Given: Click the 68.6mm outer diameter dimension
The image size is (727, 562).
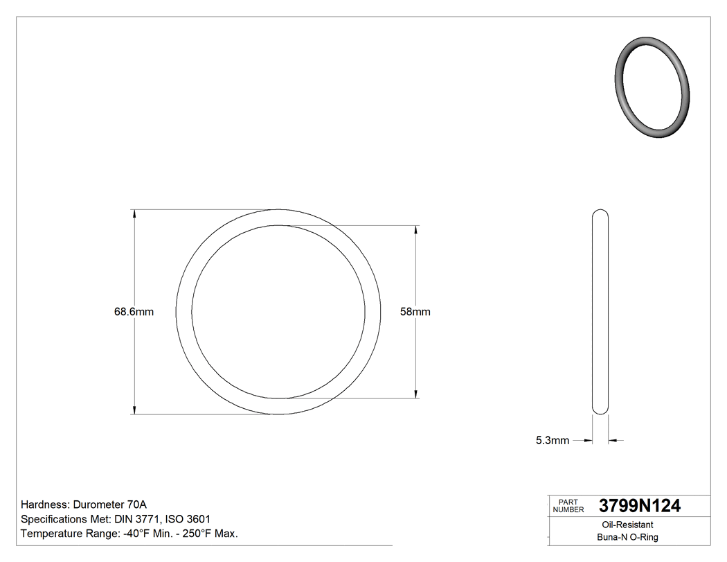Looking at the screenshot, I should click(x=134, y=312).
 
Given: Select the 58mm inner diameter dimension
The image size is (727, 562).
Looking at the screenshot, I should click(x=415, y=312).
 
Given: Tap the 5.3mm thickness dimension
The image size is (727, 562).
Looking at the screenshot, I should click(x=552, y=440).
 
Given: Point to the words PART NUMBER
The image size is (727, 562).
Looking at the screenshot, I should click(x=568, y=506).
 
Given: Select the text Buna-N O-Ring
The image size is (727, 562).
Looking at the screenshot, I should click(x=627, y=537).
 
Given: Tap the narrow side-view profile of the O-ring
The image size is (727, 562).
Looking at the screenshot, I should click(x=600, y=312).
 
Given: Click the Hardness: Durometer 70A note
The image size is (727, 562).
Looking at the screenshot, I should click(x=84, y=504).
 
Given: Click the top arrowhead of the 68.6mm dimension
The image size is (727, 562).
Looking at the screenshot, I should click(x=134, y=213).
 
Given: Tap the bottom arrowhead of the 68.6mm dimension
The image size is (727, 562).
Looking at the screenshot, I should click(x=134, y=410).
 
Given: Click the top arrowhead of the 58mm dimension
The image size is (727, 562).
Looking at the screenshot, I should click(x=415, y=229).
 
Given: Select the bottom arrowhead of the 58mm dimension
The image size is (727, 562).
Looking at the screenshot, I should click(x=415, y=394).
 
